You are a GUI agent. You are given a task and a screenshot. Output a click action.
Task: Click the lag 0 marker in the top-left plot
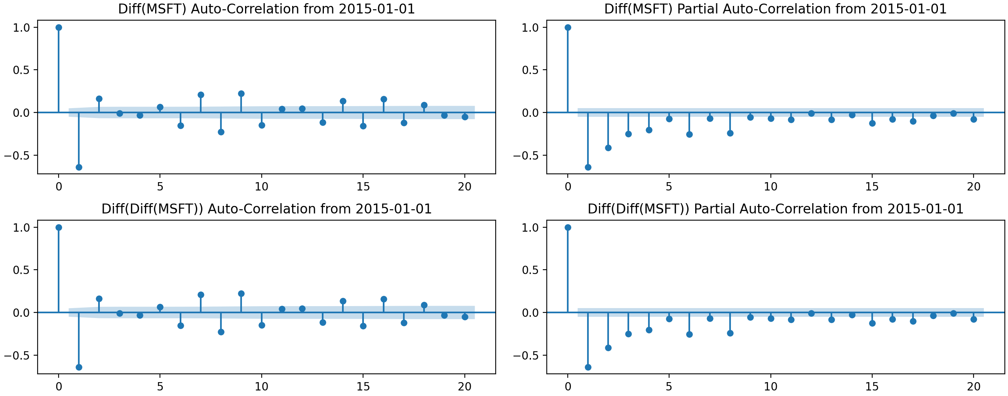pos(59,27)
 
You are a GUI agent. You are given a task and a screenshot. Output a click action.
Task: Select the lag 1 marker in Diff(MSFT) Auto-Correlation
pos(79,167)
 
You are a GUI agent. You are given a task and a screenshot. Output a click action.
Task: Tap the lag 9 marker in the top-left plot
pos(241,94)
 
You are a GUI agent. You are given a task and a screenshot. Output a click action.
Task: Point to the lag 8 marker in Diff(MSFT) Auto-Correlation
pos(221,132)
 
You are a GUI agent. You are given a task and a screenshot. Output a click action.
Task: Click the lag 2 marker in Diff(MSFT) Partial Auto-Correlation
pos(608,148)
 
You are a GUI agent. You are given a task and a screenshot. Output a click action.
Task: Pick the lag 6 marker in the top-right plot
pos(689,134)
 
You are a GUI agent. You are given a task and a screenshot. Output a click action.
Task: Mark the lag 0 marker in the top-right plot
pos(568,27)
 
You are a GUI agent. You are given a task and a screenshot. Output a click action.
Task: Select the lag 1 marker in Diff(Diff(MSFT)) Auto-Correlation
pos(79,367)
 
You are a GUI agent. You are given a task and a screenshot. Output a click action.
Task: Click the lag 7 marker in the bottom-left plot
pos(201,295)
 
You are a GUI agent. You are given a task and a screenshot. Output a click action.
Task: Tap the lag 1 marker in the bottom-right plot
pos(588,367)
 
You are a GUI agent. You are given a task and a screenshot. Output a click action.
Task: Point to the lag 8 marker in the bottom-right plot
pos(730,333)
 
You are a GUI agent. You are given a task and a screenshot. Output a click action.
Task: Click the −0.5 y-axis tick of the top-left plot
pos(17,155)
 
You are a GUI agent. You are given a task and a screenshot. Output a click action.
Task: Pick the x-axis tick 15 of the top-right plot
pos(872,187)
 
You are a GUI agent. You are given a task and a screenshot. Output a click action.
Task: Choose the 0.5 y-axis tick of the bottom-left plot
pos(21,270)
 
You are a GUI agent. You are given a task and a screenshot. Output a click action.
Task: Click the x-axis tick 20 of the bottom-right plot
pos(974,386)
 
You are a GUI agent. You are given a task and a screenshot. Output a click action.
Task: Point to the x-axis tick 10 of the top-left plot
pos(261,187)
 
